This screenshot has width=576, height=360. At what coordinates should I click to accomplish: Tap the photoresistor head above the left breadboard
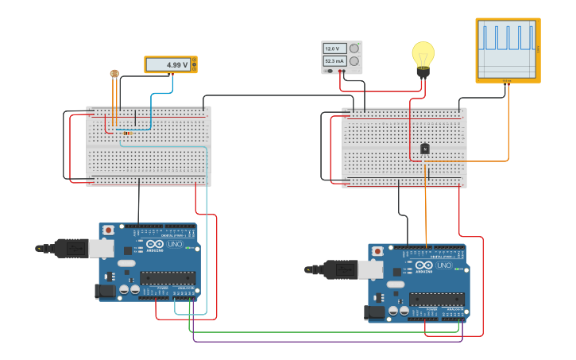(114, 74)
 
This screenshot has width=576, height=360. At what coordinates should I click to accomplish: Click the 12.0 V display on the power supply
(334, 48)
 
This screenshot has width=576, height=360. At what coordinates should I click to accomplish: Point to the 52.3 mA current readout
(334, 60)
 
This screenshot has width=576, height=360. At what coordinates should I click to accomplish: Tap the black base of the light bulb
(423, 72)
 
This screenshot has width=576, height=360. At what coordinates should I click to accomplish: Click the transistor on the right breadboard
(425, 148)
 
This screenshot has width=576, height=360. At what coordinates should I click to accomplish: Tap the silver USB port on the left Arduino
(101, 249)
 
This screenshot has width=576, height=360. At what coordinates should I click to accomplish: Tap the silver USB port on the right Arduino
(370, 270)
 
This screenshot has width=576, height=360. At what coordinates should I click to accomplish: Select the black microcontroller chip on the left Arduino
(168, 278)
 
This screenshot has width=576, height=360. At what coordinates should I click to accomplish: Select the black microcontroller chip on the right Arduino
(437, 300)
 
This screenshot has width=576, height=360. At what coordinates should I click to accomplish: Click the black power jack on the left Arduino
(105, 292)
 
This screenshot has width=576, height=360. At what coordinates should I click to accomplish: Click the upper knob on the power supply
(354, 48)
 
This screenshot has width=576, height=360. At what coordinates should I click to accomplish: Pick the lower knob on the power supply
(354, 61)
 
